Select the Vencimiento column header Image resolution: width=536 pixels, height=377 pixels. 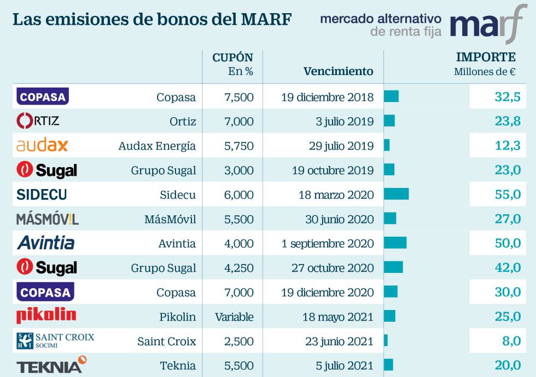point(338,71)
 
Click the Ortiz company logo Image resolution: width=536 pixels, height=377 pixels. point(38,121)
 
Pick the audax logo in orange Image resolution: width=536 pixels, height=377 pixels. point(42,145)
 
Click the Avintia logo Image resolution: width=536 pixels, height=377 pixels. point(45,243)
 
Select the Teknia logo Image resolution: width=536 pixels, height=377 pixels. point(51,365)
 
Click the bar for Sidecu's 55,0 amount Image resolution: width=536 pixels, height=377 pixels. point(396,194)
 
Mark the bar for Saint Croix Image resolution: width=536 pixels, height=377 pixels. point(386,341)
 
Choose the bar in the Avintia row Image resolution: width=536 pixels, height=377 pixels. point(395,243)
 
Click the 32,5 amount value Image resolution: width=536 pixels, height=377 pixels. point(507,97)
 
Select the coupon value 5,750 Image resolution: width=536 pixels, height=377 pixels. point(239,146)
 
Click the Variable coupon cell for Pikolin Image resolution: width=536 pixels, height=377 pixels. point(234,317)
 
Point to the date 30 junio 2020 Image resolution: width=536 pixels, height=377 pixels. point(339,219)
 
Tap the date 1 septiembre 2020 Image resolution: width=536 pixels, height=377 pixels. point(328,244)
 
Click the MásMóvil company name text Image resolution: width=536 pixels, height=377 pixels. point(170,219)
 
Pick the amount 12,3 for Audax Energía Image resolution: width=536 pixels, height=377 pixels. point(507,146)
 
